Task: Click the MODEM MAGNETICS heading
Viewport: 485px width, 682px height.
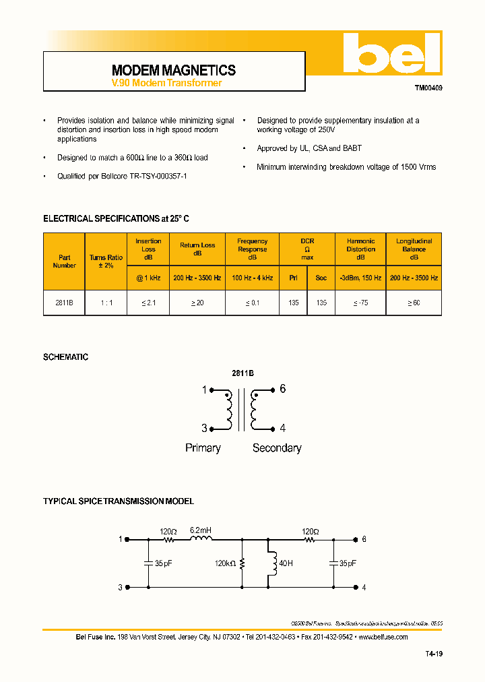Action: tap(174, 70)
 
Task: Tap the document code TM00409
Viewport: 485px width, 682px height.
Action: tap(428, 88)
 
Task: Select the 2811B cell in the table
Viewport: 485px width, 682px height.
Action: tap(64, 303)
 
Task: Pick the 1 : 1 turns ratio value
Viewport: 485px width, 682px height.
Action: tap(106, 303)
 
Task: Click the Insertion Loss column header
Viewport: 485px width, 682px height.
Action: tap(148, 249)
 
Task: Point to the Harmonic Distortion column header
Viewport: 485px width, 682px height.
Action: tap(360, 249)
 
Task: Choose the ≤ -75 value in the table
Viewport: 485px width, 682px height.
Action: tap(360, 303)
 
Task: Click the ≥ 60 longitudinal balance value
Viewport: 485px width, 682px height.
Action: tap(414, 303)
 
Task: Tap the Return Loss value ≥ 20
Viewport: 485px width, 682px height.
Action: tap(197, 303)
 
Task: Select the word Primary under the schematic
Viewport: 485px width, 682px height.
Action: tap(203, 448)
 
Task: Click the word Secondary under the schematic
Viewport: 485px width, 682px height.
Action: tap(277, 448)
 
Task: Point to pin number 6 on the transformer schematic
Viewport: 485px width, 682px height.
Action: tap(283, 389)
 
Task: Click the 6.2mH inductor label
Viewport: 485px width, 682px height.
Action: tap(200, 530)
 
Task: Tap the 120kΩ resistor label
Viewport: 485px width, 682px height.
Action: tap(226, 562)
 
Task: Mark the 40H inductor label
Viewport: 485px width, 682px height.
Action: tap(286, 563)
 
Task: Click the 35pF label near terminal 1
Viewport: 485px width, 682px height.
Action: tap(163, 562)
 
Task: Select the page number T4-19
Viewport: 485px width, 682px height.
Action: tap(434, 654)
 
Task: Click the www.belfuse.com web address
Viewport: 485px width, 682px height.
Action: tap(383, 637)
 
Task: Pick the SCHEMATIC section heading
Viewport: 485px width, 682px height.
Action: tap(65, 357)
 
